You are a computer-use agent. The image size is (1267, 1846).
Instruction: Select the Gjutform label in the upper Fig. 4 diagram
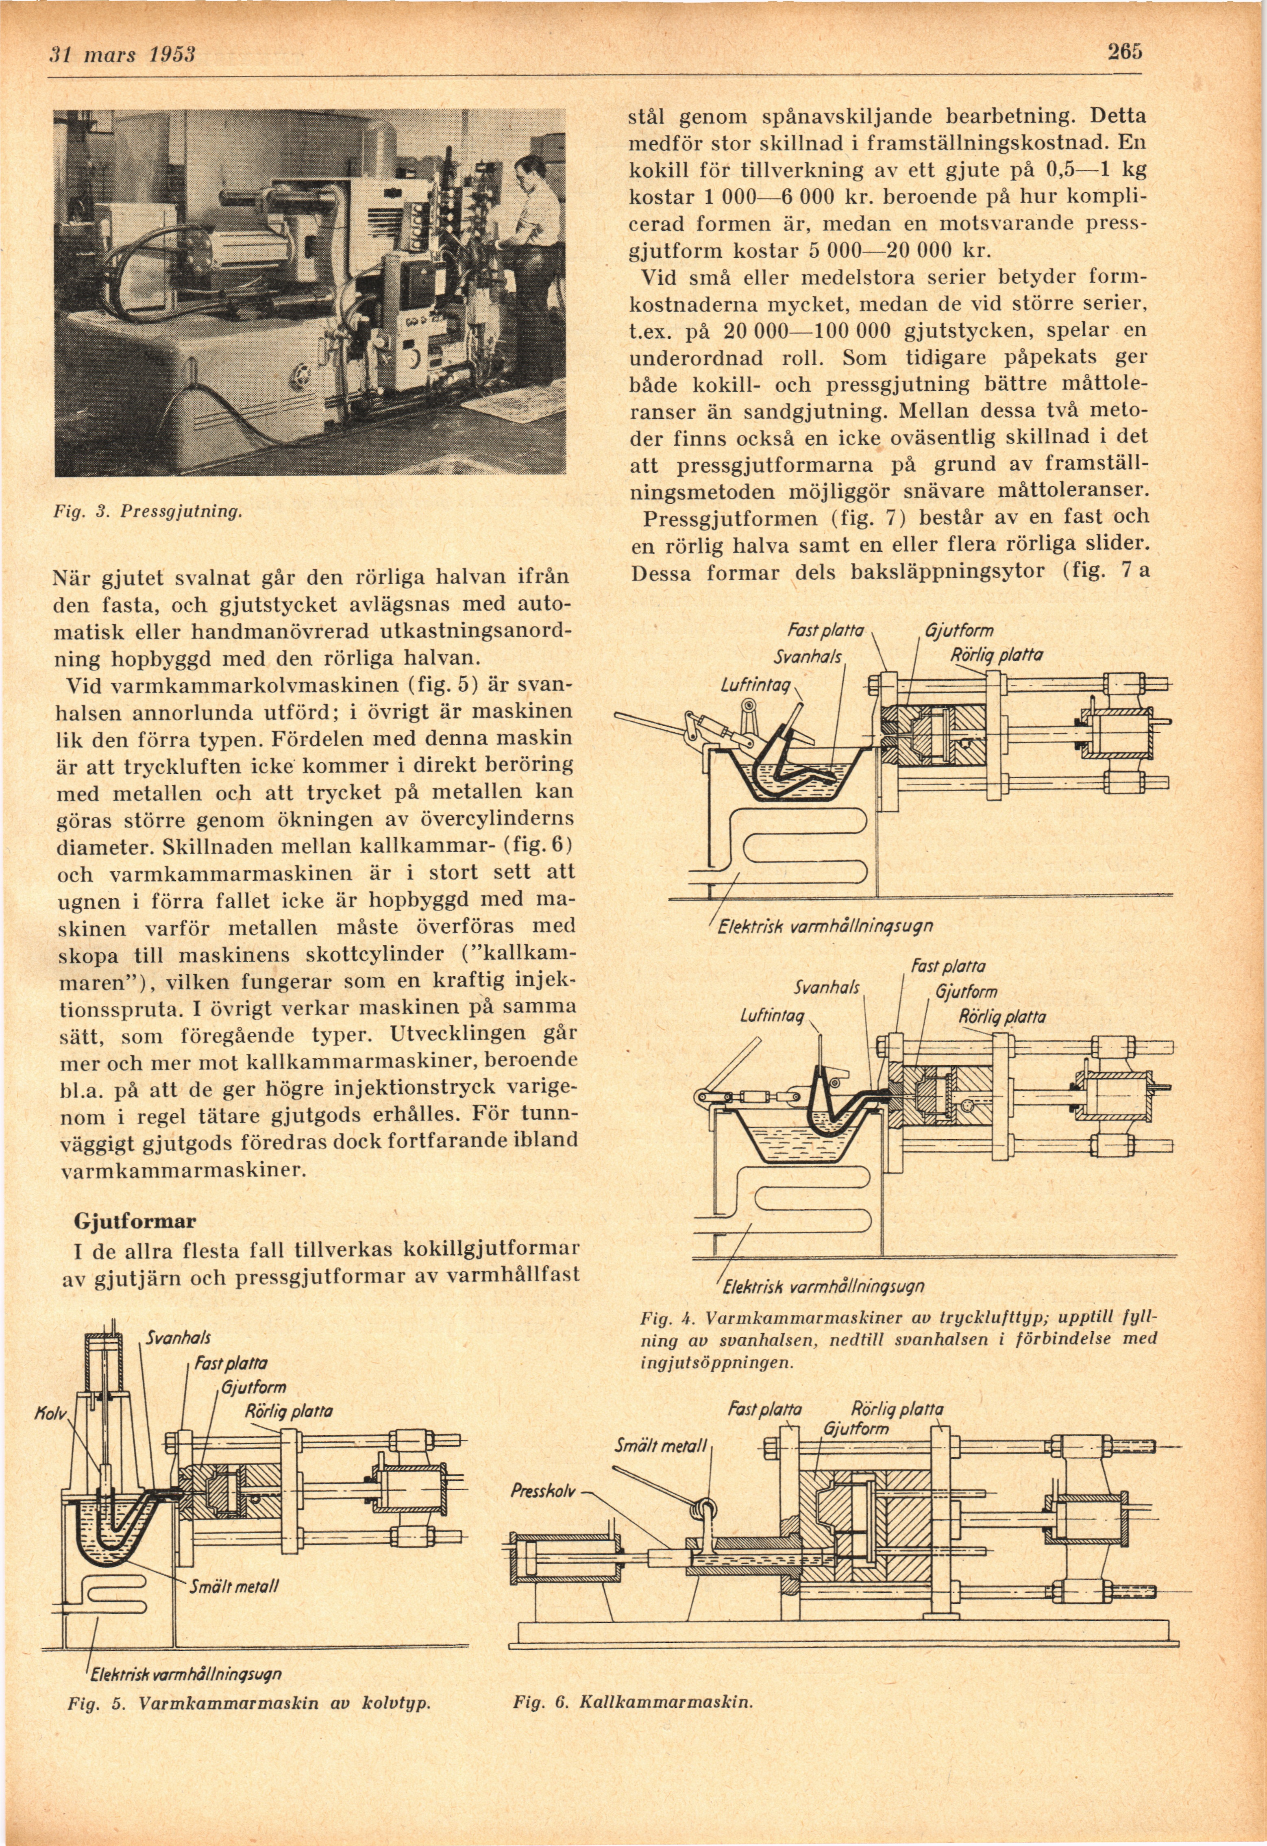959,631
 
